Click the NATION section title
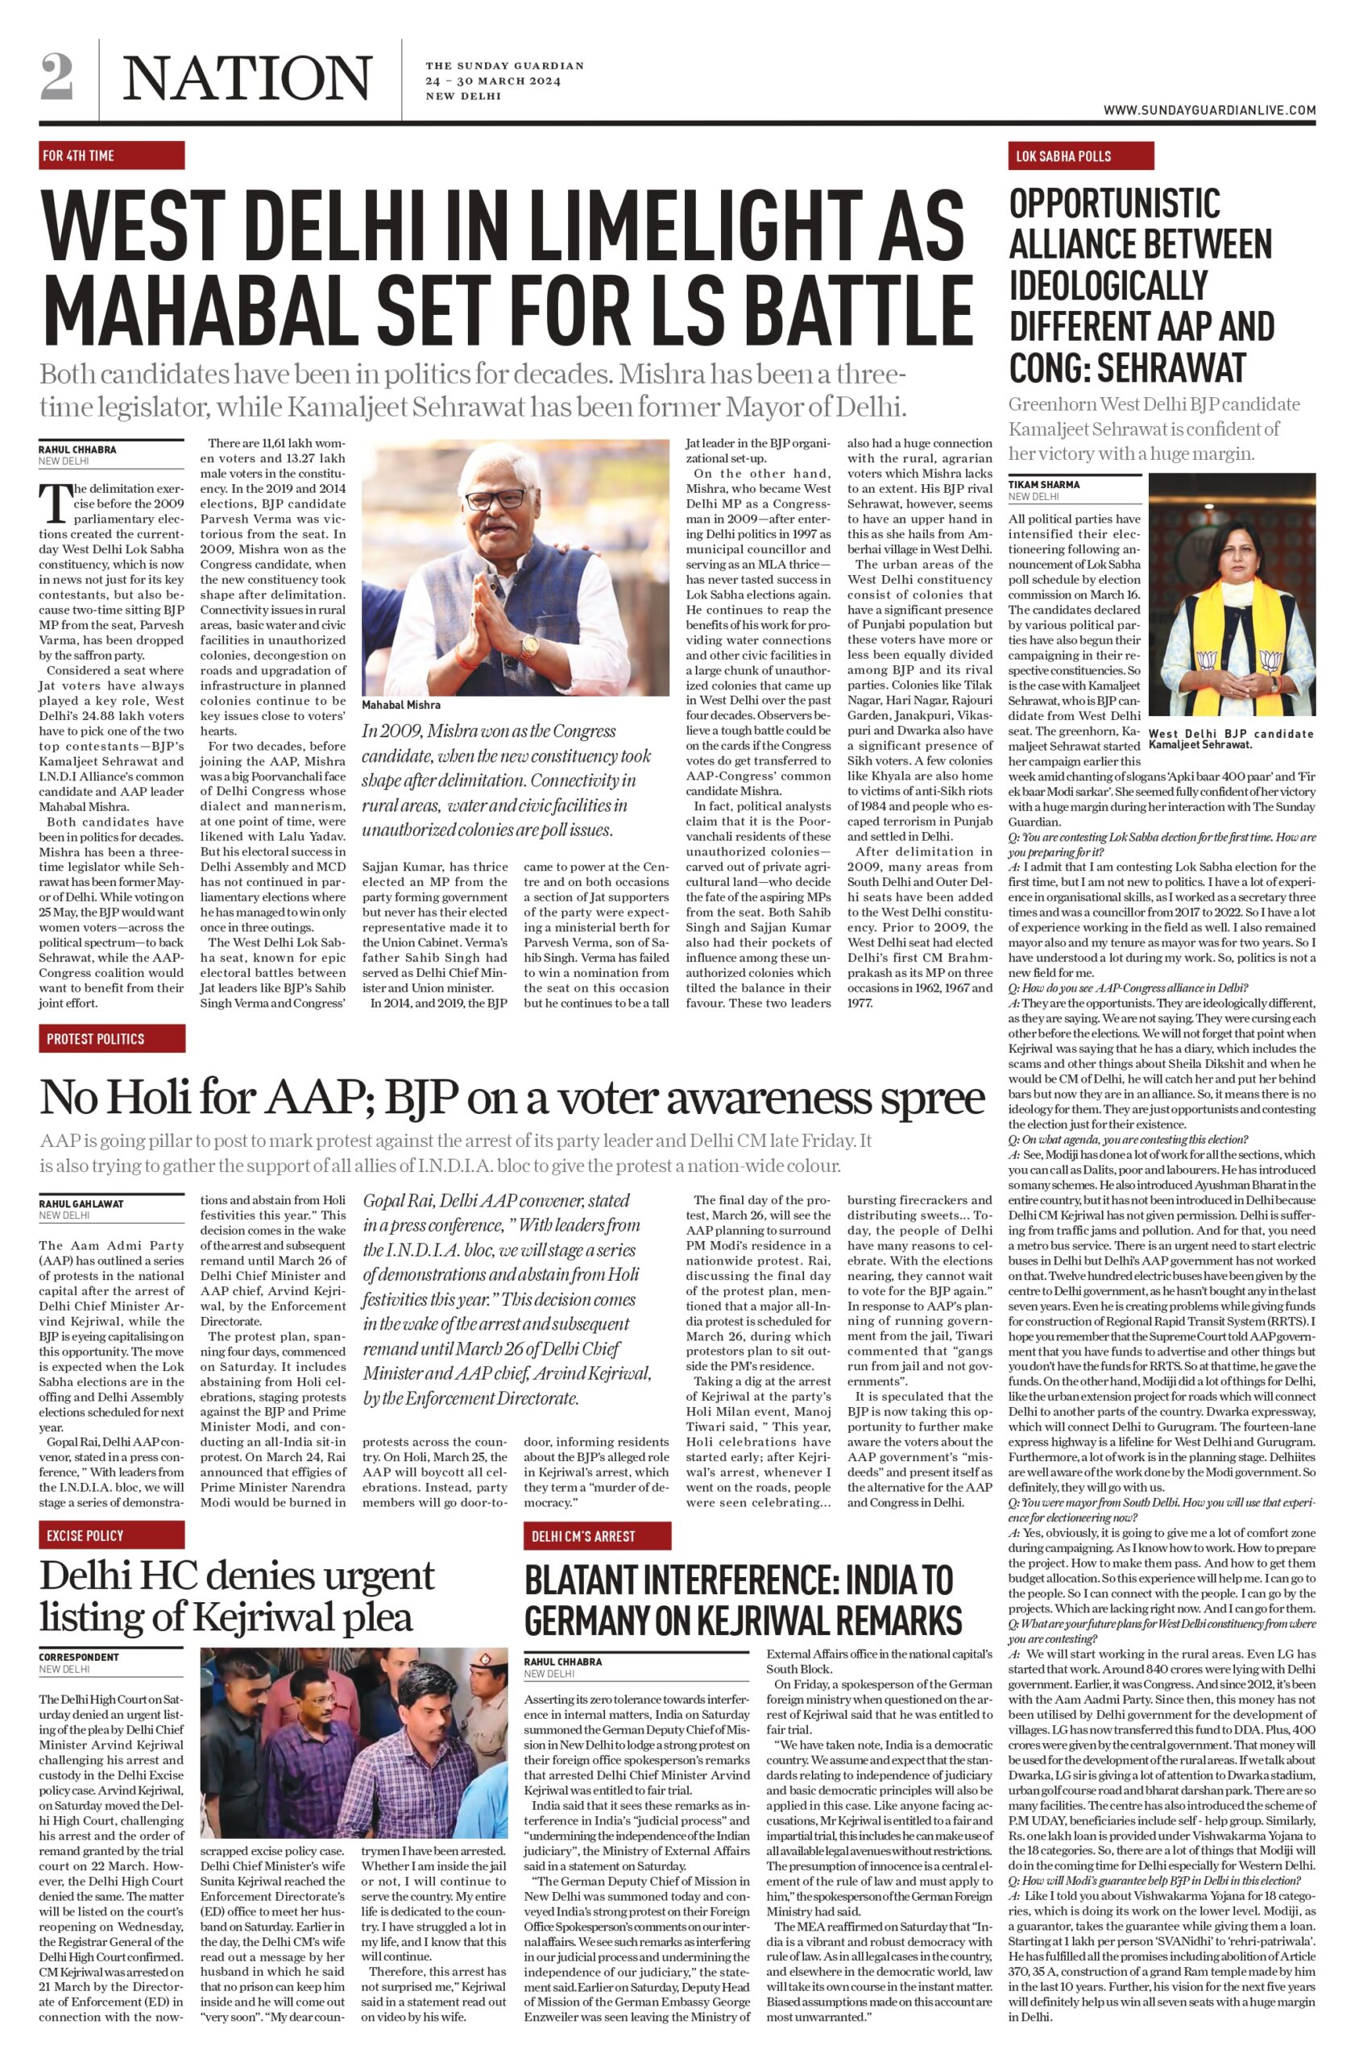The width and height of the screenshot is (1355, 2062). point(248,78)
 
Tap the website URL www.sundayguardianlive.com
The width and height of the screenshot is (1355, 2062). point(1209,110)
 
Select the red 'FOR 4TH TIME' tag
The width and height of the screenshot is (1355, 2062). point(111,155)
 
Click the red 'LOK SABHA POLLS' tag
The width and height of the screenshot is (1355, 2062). point(1079,156)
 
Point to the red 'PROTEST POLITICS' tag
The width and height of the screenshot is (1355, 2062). point(111,1038)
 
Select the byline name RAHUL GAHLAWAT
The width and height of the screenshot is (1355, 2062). point(81,1203)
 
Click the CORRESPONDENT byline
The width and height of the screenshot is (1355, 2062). point(79,1657)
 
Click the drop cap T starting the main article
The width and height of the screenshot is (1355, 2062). point(54,503)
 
